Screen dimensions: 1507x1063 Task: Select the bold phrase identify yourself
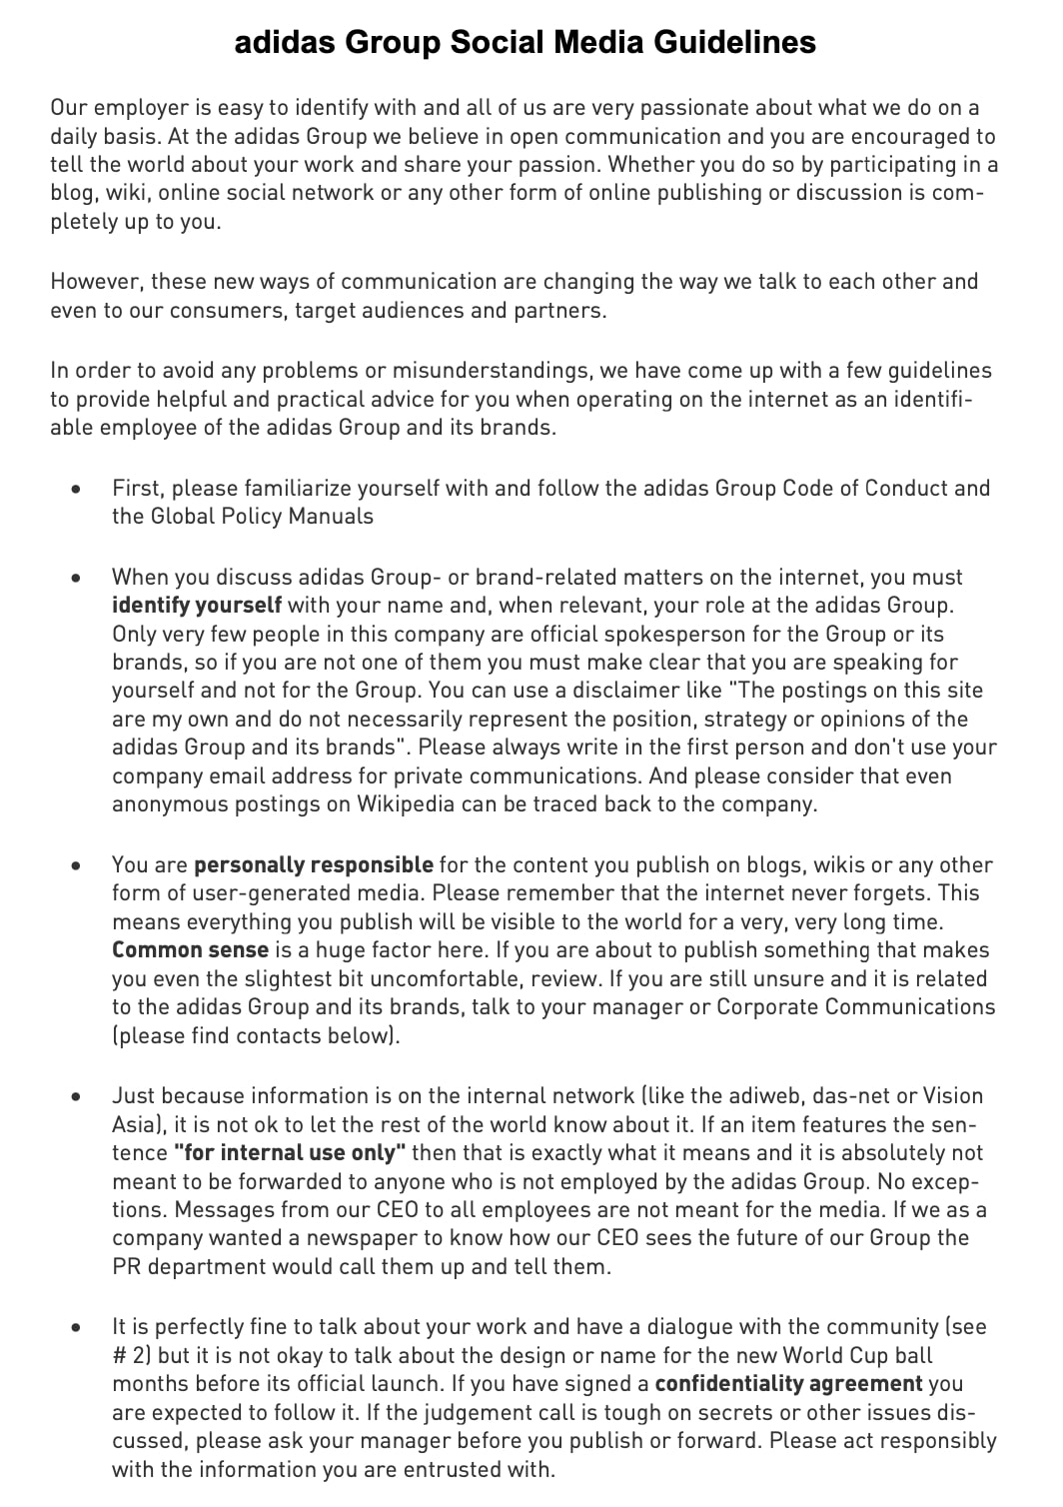click(x=197, y=606)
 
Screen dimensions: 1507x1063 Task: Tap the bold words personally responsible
click(x=314, y=865)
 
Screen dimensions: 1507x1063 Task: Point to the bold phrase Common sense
click(x=190, y=950)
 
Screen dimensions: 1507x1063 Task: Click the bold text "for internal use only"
click(x=290, y=1153)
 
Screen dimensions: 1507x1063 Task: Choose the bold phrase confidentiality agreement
click(x=788, y=1384)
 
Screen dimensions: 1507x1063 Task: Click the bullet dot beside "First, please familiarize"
click(x=76, y=490)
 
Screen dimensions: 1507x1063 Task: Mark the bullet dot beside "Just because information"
click(x=76, y=1097)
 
